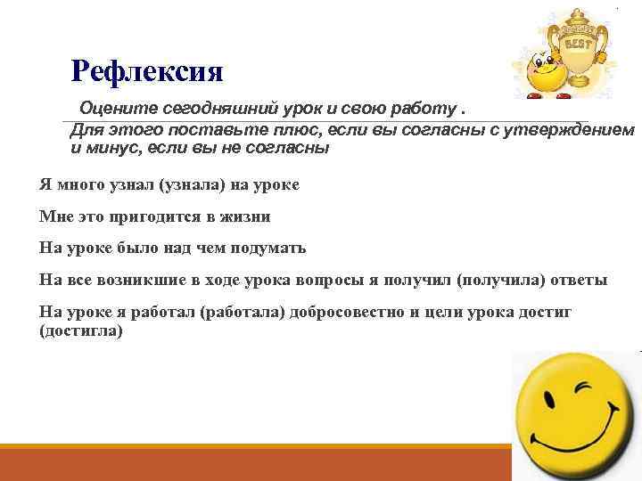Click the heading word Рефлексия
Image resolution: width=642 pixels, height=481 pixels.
click(147, 69)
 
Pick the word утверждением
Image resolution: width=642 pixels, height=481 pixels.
click(572, 130)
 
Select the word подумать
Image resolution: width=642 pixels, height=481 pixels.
click(265, 249)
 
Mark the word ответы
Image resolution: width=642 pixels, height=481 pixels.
click(576, 280)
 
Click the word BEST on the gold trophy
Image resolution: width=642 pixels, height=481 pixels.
click(576, 41)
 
